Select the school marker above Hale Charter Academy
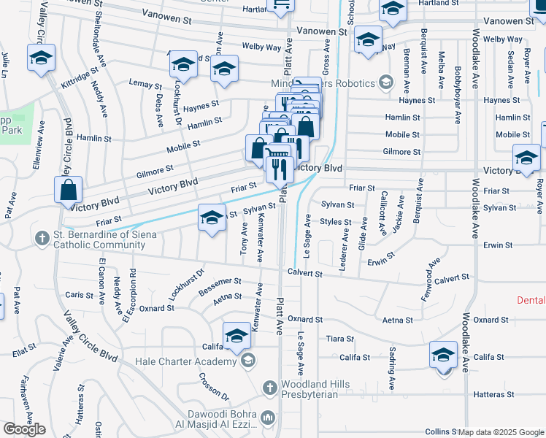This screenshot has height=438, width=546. click(236, 336)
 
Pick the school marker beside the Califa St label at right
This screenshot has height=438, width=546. click(443, 355)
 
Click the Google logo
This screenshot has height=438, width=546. click(24, 429)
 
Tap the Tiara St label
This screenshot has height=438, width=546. click(340, 339)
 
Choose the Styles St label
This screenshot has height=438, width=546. click(337, 222)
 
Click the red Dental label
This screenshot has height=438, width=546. click(531, 300)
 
